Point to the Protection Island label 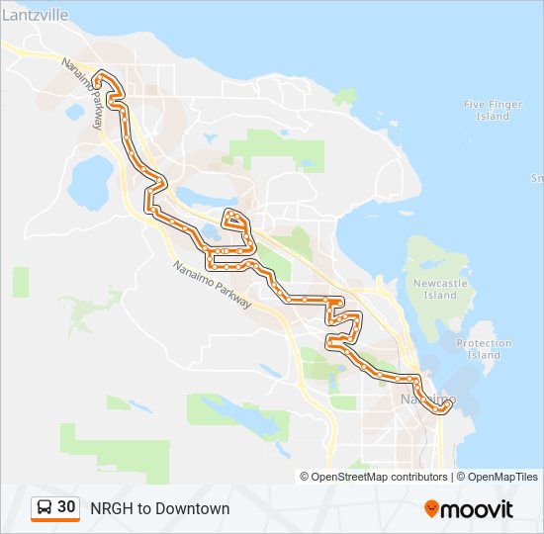(x=484, y=349)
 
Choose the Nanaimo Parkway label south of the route (x=212, y=285)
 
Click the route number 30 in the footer (x=66, y=507)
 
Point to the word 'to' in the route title (x=143, y=508)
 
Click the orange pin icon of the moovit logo (x=431, y=509)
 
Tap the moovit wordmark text (x=477, y=509)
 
